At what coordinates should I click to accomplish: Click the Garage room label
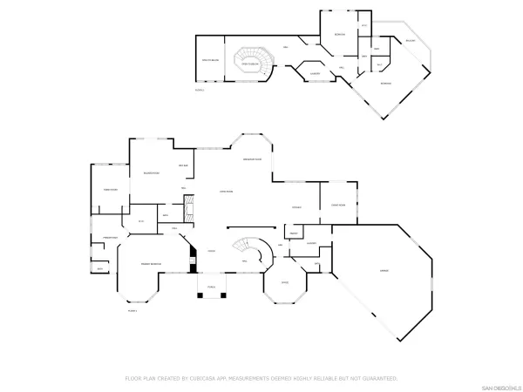coord(384,272)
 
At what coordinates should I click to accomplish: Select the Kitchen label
coord(296,206)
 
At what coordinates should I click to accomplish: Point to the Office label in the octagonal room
coord(284,283)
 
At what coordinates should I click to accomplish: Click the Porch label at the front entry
coord(211,285)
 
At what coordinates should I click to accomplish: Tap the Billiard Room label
coord(151,173)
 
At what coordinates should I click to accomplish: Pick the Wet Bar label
coord(184,166)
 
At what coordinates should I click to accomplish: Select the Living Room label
coord(225,192)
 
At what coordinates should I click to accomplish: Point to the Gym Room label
coord(111,189)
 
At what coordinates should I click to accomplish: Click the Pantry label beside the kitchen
coord(294,233)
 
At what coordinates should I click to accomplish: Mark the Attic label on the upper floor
coord(210,59)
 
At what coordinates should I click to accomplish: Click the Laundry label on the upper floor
coord(314,74)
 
